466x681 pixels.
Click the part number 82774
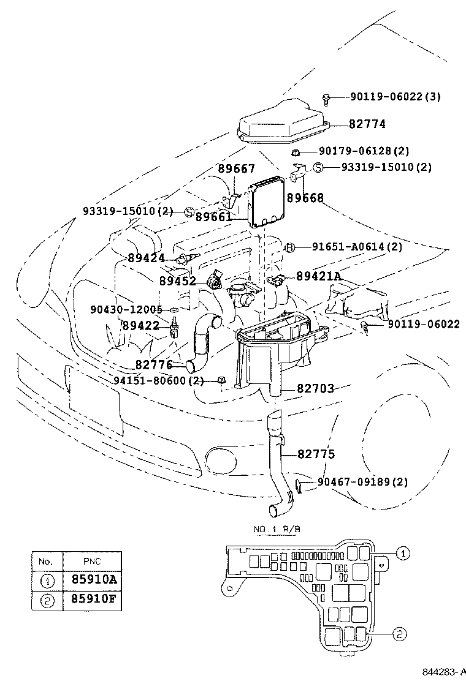[367, 124]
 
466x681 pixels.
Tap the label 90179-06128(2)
[364, 151]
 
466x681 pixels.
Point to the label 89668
[305, 198]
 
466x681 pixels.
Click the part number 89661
[213, 217]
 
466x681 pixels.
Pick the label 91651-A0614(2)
[357, 247]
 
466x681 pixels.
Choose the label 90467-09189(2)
[362, 482]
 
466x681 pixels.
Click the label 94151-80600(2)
[158, 380]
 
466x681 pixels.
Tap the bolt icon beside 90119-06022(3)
[326, 97]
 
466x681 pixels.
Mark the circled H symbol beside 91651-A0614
[291, 247]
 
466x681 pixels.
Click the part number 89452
[178, 282]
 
